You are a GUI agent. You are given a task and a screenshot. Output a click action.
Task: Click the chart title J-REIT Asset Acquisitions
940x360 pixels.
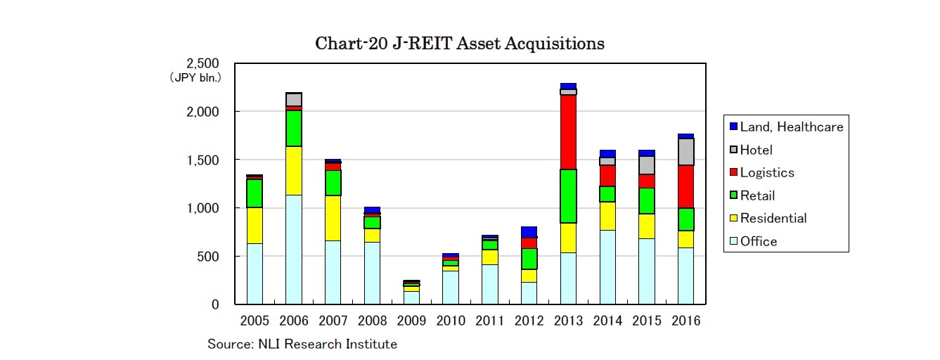point(460,44)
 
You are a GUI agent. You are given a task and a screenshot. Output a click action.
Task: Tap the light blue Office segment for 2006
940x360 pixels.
point(293,250)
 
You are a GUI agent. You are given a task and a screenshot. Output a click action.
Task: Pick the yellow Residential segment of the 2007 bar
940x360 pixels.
point(333,218)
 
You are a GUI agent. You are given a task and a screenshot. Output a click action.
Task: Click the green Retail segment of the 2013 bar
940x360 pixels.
point(568,196)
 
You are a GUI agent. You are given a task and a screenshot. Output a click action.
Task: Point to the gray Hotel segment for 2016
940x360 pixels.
point(685,151)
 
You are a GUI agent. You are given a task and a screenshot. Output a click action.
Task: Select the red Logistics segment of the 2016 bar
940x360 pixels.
point(685,186)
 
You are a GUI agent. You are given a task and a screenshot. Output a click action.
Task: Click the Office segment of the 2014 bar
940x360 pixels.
point(607,267)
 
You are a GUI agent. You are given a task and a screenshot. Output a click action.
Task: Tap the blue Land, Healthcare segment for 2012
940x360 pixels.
point(529,232)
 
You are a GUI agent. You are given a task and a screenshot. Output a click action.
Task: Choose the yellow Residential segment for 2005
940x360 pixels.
point(254,225)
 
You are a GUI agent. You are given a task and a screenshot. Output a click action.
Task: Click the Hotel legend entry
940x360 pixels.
point(756,150)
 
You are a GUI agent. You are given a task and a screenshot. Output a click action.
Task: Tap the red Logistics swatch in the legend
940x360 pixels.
point(733,173)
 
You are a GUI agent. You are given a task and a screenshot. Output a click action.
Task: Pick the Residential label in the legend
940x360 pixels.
point(773,218)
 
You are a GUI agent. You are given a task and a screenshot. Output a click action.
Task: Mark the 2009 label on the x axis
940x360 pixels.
point(411,321)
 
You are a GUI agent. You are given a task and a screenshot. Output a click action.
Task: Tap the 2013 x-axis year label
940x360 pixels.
point(568,321)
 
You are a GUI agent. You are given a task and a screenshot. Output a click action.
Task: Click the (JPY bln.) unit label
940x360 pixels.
point(195,77)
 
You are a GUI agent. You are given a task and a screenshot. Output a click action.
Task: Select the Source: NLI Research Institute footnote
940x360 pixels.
point(302,345)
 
